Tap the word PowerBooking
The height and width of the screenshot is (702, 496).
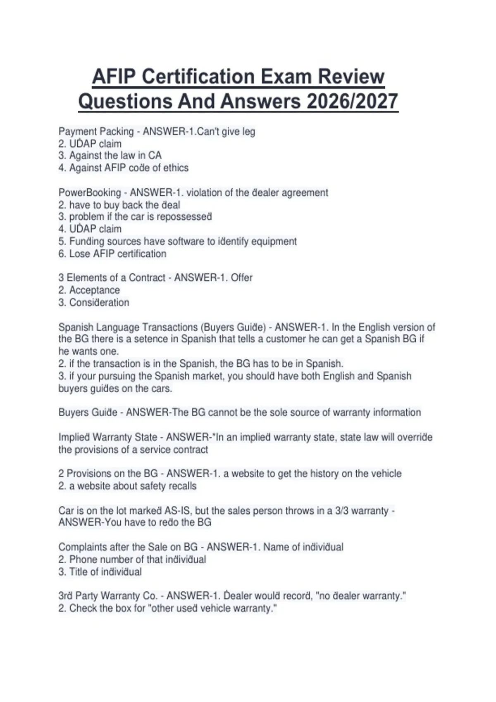[x=90, y=193]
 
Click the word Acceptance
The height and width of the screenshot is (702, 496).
[x=94, y=290]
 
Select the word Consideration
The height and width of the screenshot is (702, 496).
[x=99, y=303]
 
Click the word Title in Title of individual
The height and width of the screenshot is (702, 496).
[x=77, y=572]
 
